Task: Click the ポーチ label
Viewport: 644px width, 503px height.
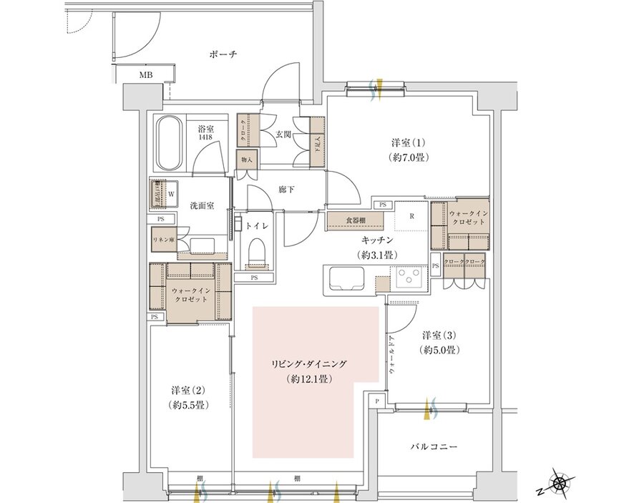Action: point(224,54)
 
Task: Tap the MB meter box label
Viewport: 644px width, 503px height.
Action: point(145,74)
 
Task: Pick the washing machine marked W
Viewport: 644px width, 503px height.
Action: point(170,192)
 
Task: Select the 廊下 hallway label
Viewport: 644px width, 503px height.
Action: point(288,190)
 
